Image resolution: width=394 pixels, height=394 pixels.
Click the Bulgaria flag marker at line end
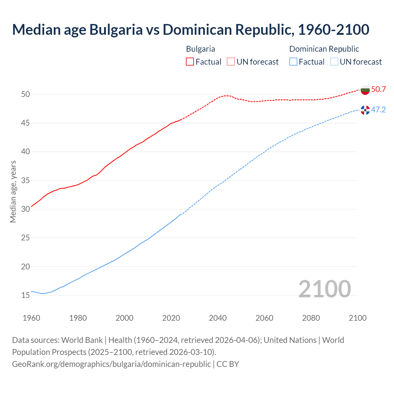pos(365,90)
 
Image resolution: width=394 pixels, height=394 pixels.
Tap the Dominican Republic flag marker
pos(365,110)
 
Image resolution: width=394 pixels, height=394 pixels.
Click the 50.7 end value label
pos(378,90)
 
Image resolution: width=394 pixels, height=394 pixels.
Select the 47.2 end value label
pos(378,110)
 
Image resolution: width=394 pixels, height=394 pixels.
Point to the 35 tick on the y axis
pos(26,180)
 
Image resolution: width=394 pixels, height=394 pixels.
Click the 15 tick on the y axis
pos(26,295)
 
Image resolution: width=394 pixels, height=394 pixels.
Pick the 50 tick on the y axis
pos(26,94)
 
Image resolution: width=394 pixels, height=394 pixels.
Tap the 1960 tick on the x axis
pos(31,318)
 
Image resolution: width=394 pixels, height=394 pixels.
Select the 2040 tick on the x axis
pos(218,318)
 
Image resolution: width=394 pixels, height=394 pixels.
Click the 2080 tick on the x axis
pos(311,318)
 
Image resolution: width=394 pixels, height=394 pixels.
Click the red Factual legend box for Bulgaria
pos(190,62)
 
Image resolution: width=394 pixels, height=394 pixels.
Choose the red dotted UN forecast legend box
pos(231,62)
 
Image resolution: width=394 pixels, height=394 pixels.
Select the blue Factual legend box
pos(293,62)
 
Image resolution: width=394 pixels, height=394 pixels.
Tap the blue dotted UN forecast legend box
pos(334,62)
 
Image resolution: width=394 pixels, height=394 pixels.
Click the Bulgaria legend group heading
pos(200,49)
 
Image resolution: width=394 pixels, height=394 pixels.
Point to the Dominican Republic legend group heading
pos(324,49)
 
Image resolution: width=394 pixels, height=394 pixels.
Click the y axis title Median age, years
pos(13,191)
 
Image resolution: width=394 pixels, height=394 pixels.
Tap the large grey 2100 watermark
pos(324,289)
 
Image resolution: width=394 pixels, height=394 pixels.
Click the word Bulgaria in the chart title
pos(116,30)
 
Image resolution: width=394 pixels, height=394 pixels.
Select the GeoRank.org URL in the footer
pos(111,364)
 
